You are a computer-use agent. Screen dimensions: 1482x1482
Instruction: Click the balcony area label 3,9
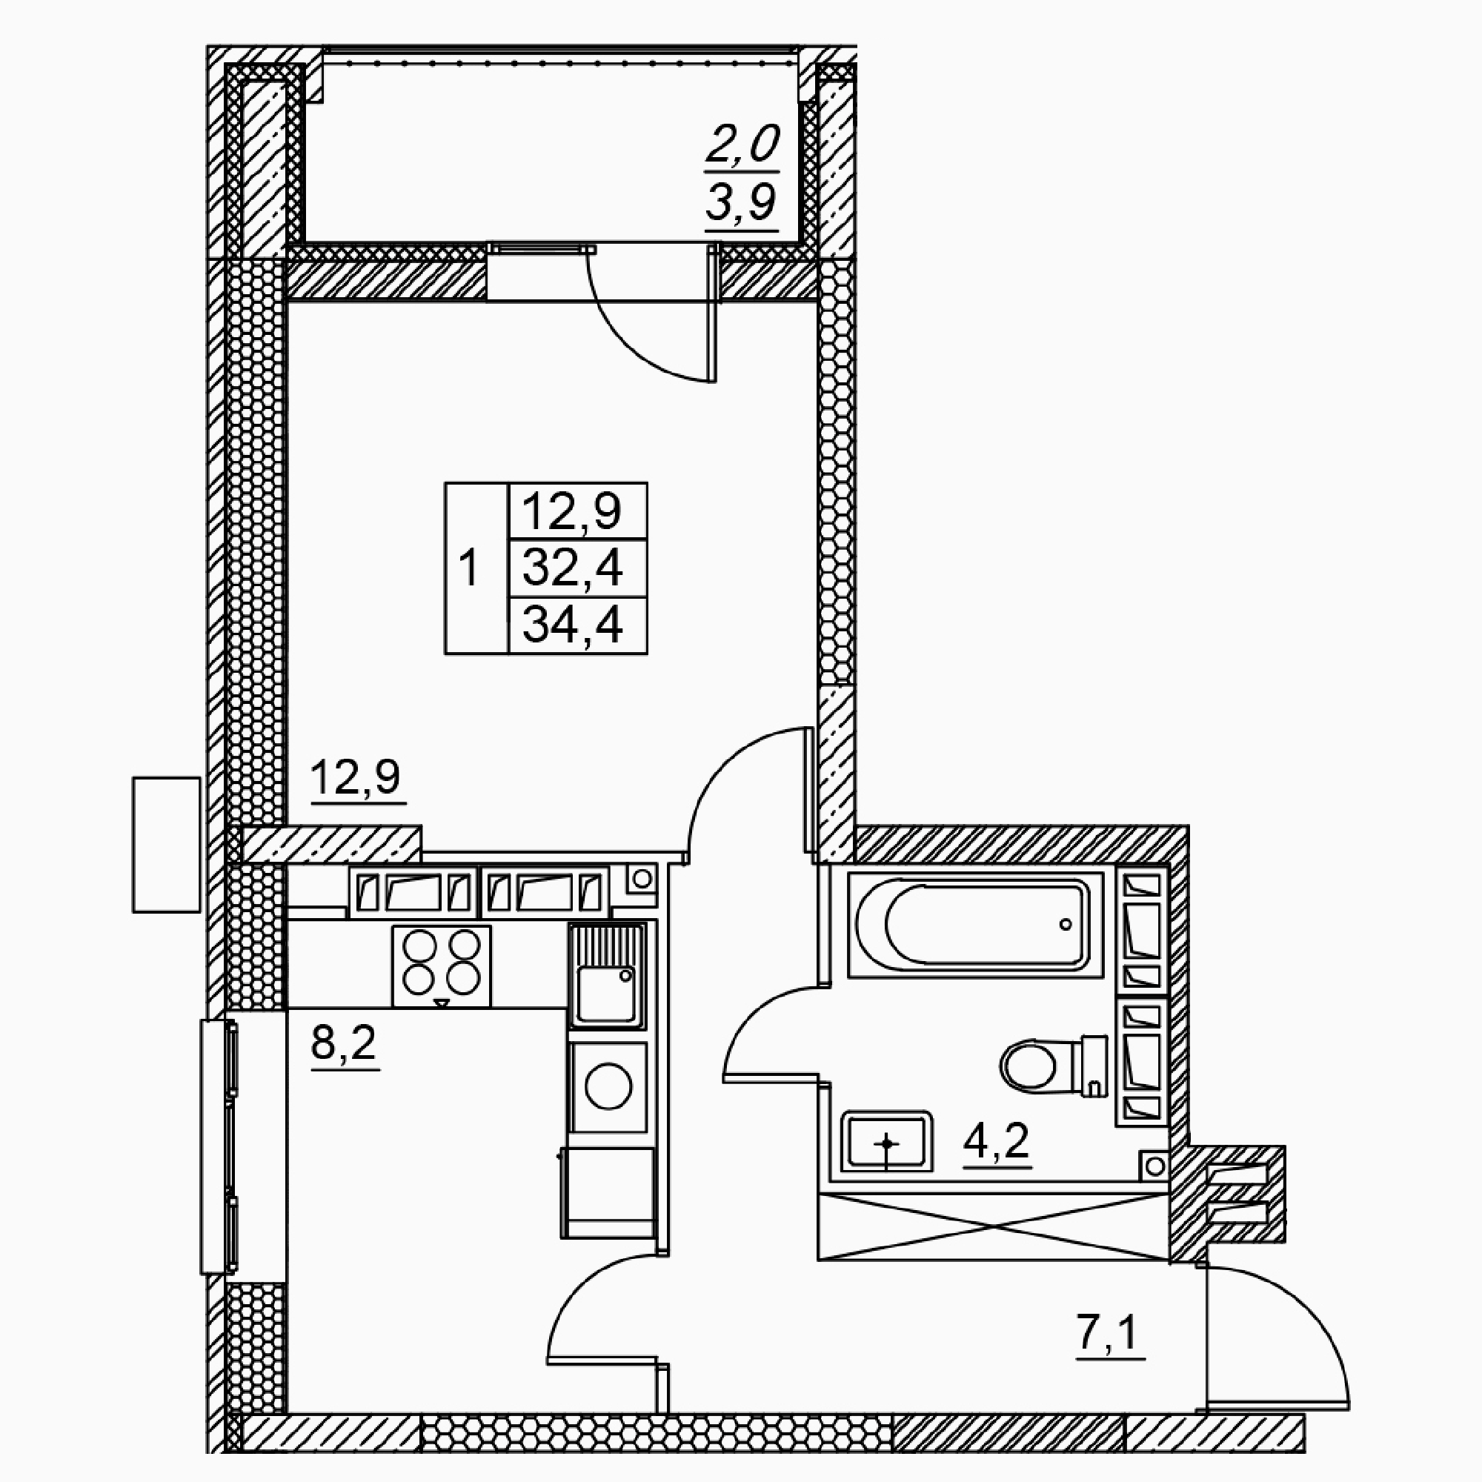coord(742,202)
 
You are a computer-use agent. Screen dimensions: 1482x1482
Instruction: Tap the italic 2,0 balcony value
coord(742,144)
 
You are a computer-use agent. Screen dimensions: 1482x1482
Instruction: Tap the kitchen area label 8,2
coord(345,1043)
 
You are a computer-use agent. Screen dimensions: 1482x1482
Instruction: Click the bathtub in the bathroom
coord(975,924)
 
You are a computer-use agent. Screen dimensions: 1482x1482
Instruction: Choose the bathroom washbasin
coord(887,1140)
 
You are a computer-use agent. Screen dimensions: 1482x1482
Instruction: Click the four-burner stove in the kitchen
coord(441,966)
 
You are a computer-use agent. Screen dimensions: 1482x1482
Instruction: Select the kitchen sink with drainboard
coord(607,974)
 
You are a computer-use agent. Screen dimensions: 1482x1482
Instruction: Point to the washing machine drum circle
coord(608,1086)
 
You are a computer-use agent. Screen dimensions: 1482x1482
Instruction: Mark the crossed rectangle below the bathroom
coord(994,1226)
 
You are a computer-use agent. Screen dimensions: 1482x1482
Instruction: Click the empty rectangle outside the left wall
coord(167,845)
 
